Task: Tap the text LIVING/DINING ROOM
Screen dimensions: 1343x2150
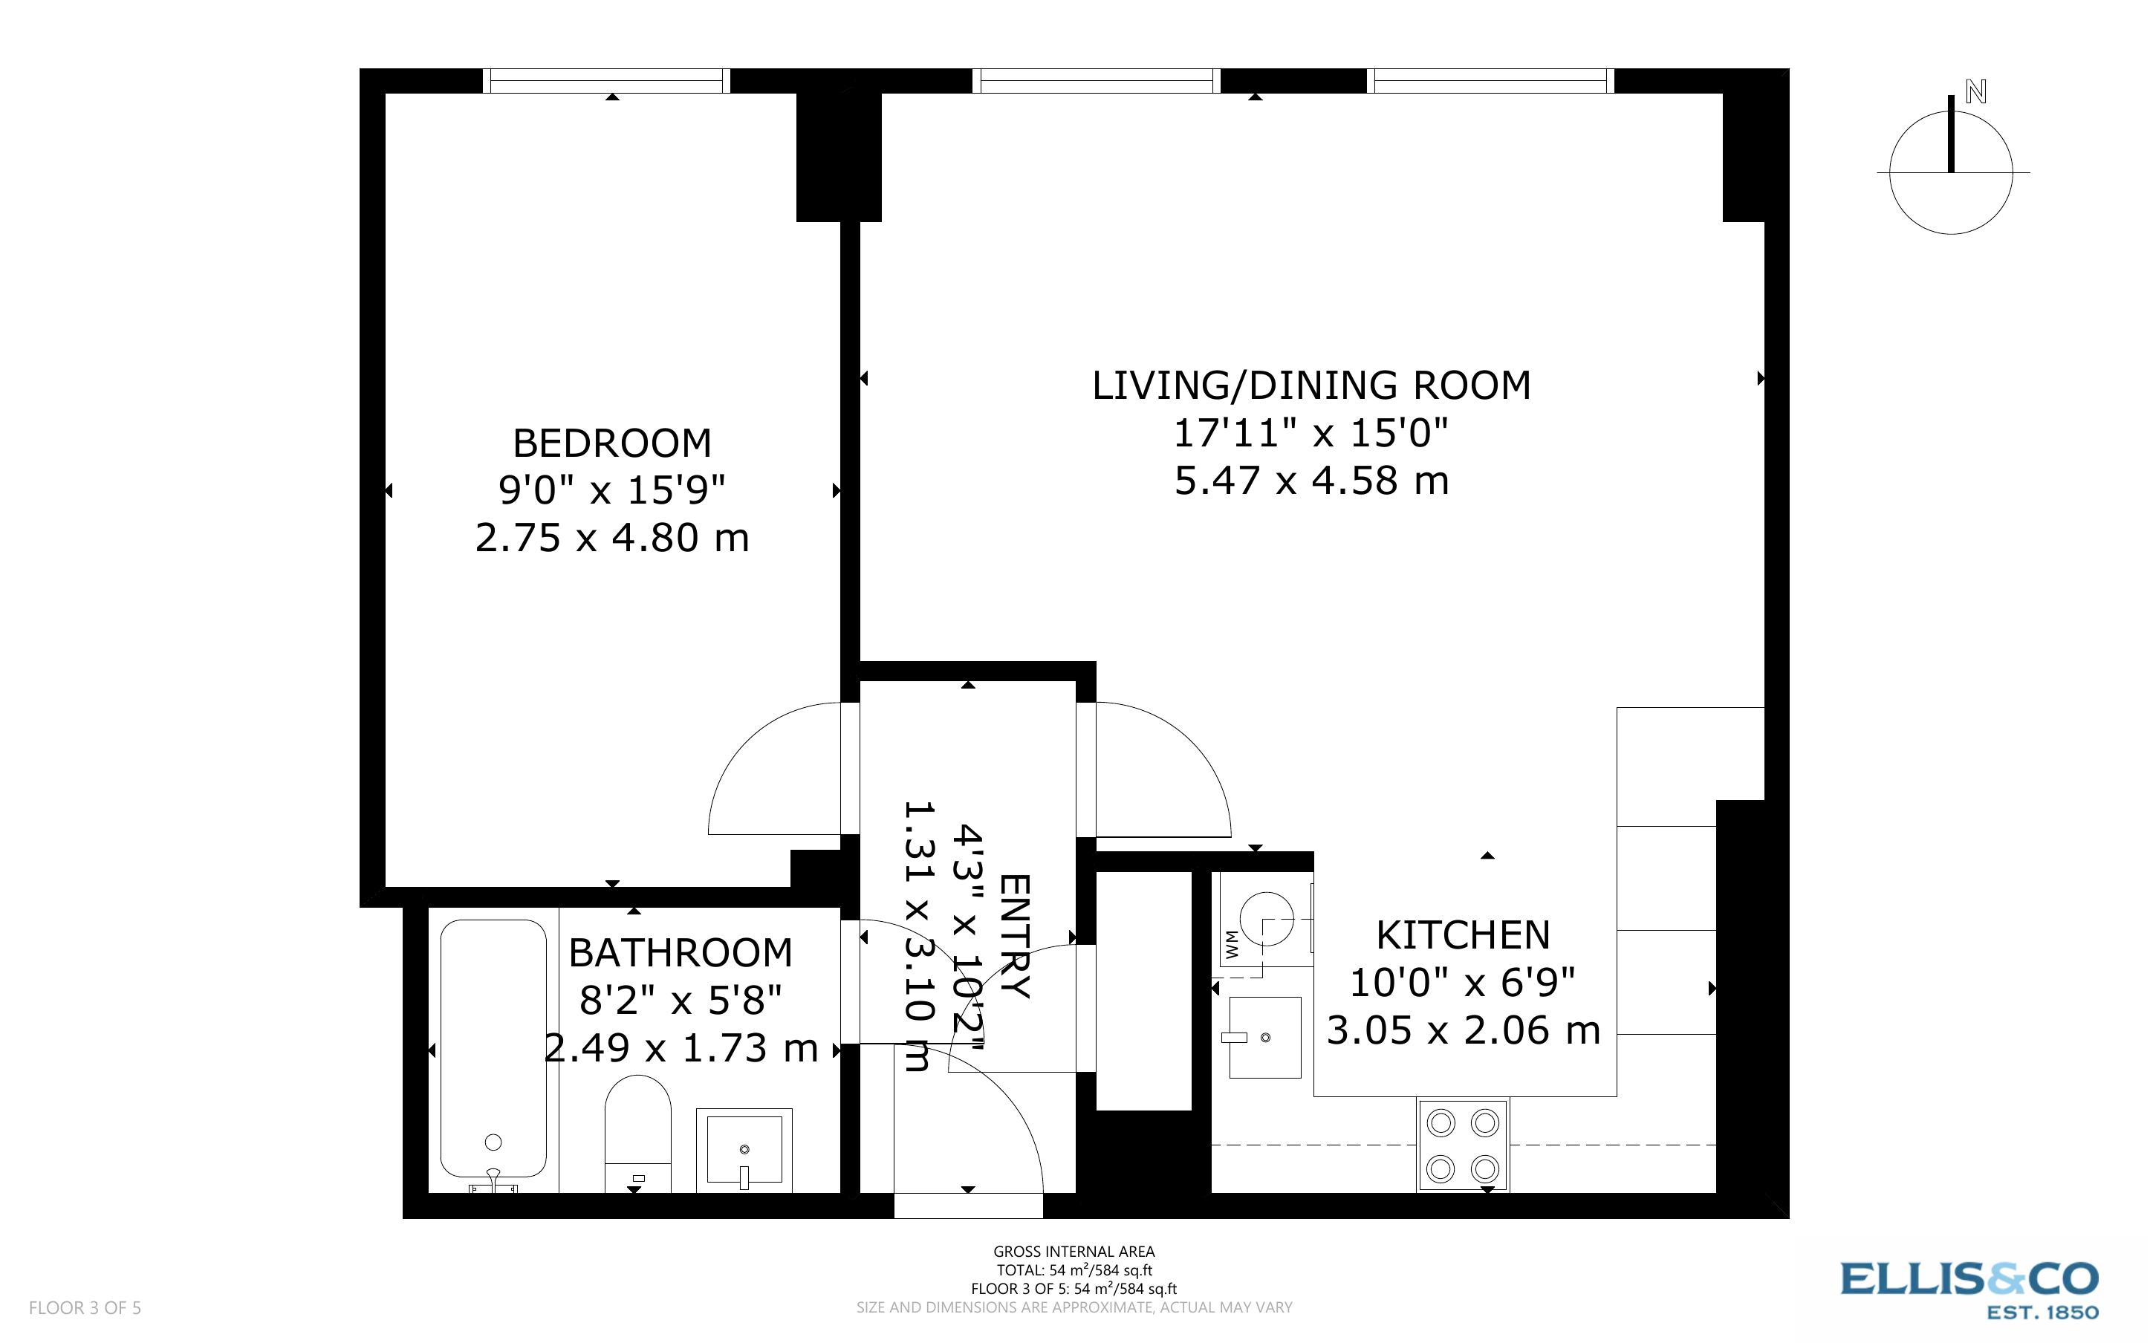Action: tap(1311, 386)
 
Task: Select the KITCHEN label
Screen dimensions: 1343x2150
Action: tap(1463, 935)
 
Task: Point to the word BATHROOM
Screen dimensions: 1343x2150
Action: tap(681, 953)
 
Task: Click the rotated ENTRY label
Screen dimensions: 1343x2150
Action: tap(1015, 937)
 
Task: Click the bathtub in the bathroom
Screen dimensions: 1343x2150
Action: tap(494, 1048)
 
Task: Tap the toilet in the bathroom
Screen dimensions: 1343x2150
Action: tap(637, 1133)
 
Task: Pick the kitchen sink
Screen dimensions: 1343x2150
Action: tap(1264, 1036)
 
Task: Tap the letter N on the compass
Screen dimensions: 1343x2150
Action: tap(1975, 91)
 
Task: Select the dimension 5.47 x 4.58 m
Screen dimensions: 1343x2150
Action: tap(1311, 481)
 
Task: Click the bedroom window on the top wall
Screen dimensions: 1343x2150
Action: tap(606, 81)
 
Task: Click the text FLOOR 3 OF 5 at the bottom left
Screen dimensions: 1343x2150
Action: tap(85, 1307)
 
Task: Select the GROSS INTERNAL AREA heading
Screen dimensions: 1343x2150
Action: tap(1074, 1252)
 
